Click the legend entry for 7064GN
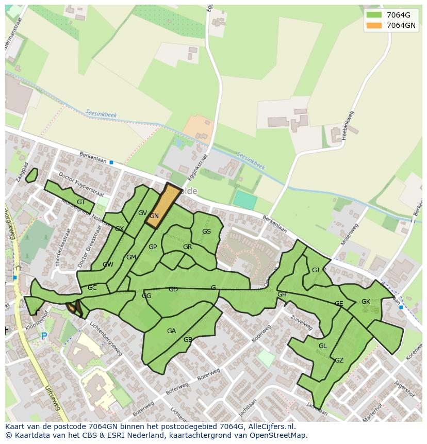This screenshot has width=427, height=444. pos(401,25)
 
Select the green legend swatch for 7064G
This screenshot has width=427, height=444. pos(374,15)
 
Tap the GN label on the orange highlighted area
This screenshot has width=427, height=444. pos(154,216)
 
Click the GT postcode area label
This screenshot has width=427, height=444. pos(81,202)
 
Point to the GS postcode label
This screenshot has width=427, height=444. pos(206,232)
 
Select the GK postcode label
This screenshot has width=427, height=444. pos(366,302)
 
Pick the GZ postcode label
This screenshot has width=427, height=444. pos(339,360)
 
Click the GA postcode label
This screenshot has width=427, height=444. pos(171,331)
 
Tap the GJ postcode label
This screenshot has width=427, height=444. pos(316,270)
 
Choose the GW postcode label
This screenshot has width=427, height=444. pos(108,265)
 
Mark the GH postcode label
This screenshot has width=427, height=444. pos(282,294)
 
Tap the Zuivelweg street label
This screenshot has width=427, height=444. pos(302,323)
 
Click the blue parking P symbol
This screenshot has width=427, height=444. pos(44,336)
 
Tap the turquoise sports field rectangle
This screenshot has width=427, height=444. pos(245,201)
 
